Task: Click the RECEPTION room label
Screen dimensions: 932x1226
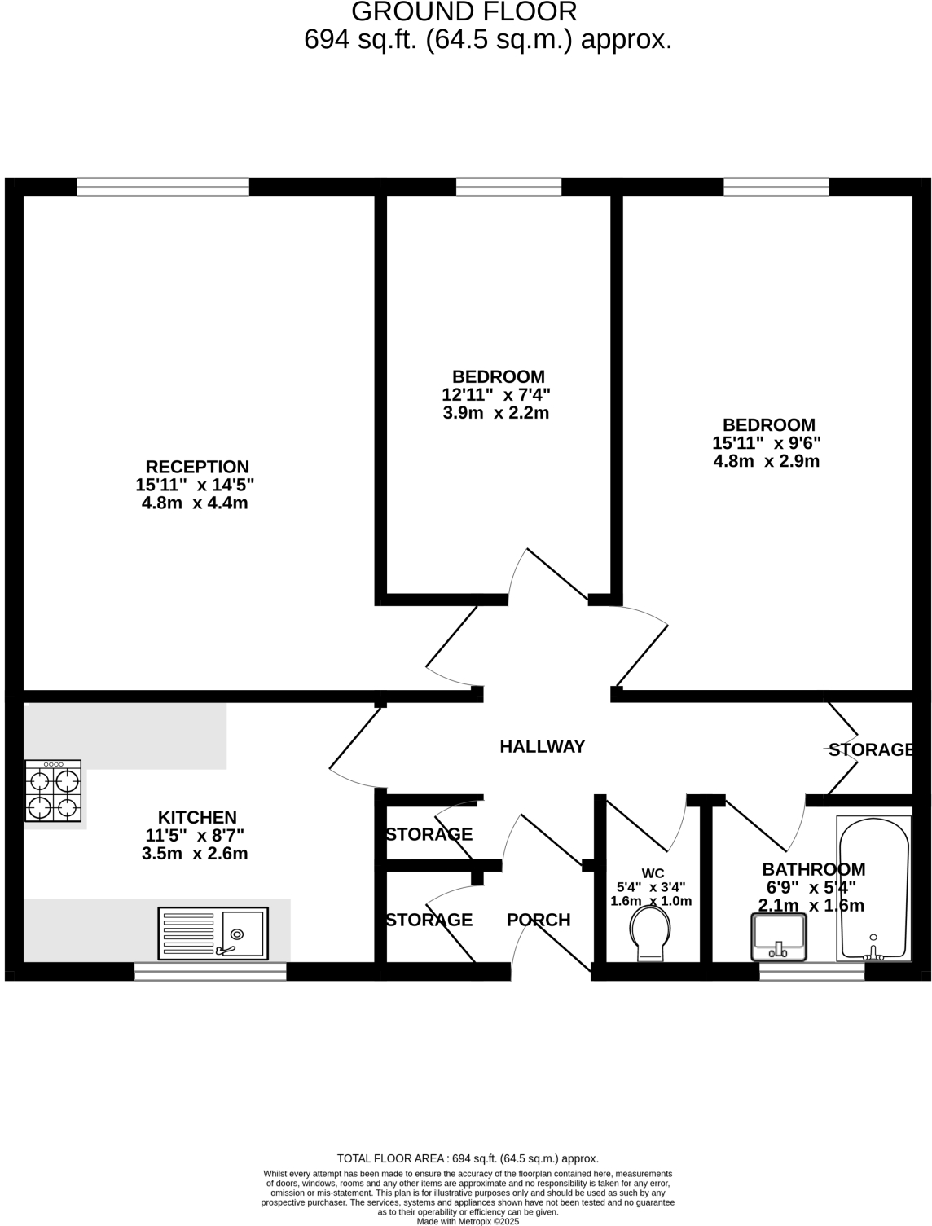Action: (x=197, y=467)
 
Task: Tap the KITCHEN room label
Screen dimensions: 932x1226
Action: (x=197, y=817)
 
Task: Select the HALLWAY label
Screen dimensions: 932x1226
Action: (x=543, y=746)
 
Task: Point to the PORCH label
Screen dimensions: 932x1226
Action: (x=539, y=920)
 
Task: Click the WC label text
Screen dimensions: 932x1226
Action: (x=653, y=873)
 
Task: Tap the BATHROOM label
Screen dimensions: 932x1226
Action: (x=814, y=869)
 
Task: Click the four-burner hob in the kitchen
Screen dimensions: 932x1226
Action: (x=53, y=790)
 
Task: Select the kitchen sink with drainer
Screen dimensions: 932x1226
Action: (x=213, y=934)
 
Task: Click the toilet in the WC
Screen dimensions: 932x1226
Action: (x=650, y=934)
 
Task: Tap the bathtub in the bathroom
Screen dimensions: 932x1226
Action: (x=873, y=889)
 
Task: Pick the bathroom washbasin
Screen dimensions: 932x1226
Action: (x=779, y=937)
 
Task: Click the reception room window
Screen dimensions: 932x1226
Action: (x=162, y=187)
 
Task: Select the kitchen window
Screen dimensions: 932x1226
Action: (x=210, y=971)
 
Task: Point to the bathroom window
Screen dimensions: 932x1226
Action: (x=812, y=971)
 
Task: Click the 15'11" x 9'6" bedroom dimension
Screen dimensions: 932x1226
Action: (x=766, y=443)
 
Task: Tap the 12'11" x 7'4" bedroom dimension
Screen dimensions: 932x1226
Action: (x=496, y=395)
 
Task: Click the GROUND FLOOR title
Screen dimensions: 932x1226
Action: (x=464, y=11)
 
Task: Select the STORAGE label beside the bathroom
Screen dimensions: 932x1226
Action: (x=871, y=749)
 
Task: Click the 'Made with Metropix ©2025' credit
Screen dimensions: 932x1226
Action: (x=468, y=1221)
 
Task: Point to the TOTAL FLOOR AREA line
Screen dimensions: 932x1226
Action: (x=468, y=1158)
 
